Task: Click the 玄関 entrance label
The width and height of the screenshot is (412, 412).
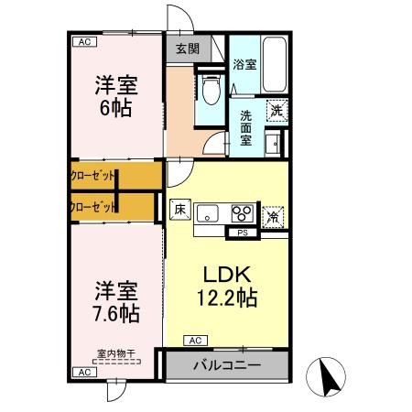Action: pyautogui.click(x=188, y=49)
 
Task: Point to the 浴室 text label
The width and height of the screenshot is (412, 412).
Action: pyautogui.click(x=244, y=64)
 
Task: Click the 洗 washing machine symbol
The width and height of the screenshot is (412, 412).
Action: pyautogui.click(x=276, y=110)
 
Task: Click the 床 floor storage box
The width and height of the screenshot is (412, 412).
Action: pyautogui.click(x=179, y=209)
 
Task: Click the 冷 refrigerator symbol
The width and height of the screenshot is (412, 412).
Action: pyautogui.click(x=273, y=216)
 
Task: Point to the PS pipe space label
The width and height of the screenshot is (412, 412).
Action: pyautogui.click(x=243, y=233)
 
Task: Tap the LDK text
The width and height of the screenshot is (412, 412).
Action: pyautogui.click(x=226, y=274)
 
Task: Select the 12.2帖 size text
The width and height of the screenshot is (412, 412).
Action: pyautogui.click(x=226, y=298)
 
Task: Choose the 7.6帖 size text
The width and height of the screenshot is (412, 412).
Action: pyautogui.click(x=116, y=313)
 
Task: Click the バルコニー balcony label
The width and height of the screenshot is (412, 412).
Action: pyautogui.click(x=226, y=365)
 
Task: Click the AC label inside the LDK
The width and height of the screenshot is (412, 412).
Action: pyautogui.click(x=194, y=340)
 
